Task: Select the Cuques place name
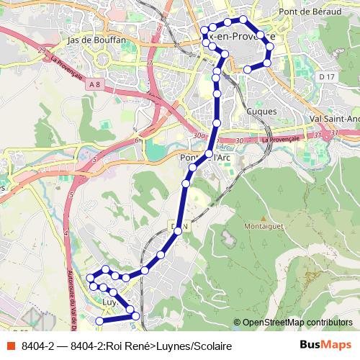click(x=261, y=112)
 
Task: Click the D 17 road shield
click(x=328, y=76)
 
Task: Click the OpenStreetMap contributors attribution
click(x=297, y=322)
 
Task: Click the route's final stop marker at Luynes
click(x=99, y=320)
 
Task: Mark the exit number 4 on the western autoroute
click(x=66, y=233)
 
